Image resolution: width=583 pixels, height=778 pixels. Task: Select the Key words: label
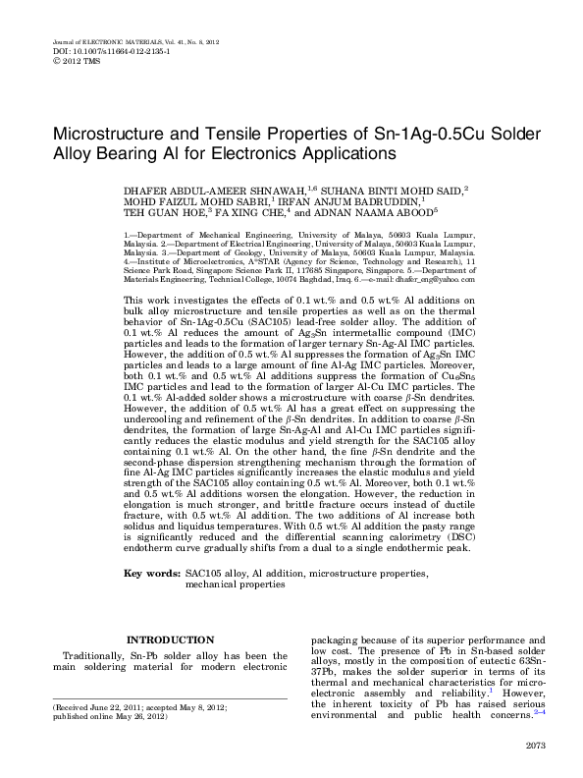(x=151, y=572)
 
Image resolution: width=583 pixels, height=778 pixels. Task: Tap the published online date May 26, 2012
(x=137, y=716)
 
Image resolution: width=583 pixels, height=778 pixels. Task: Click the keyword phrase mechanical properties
(x=236, y=583)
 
